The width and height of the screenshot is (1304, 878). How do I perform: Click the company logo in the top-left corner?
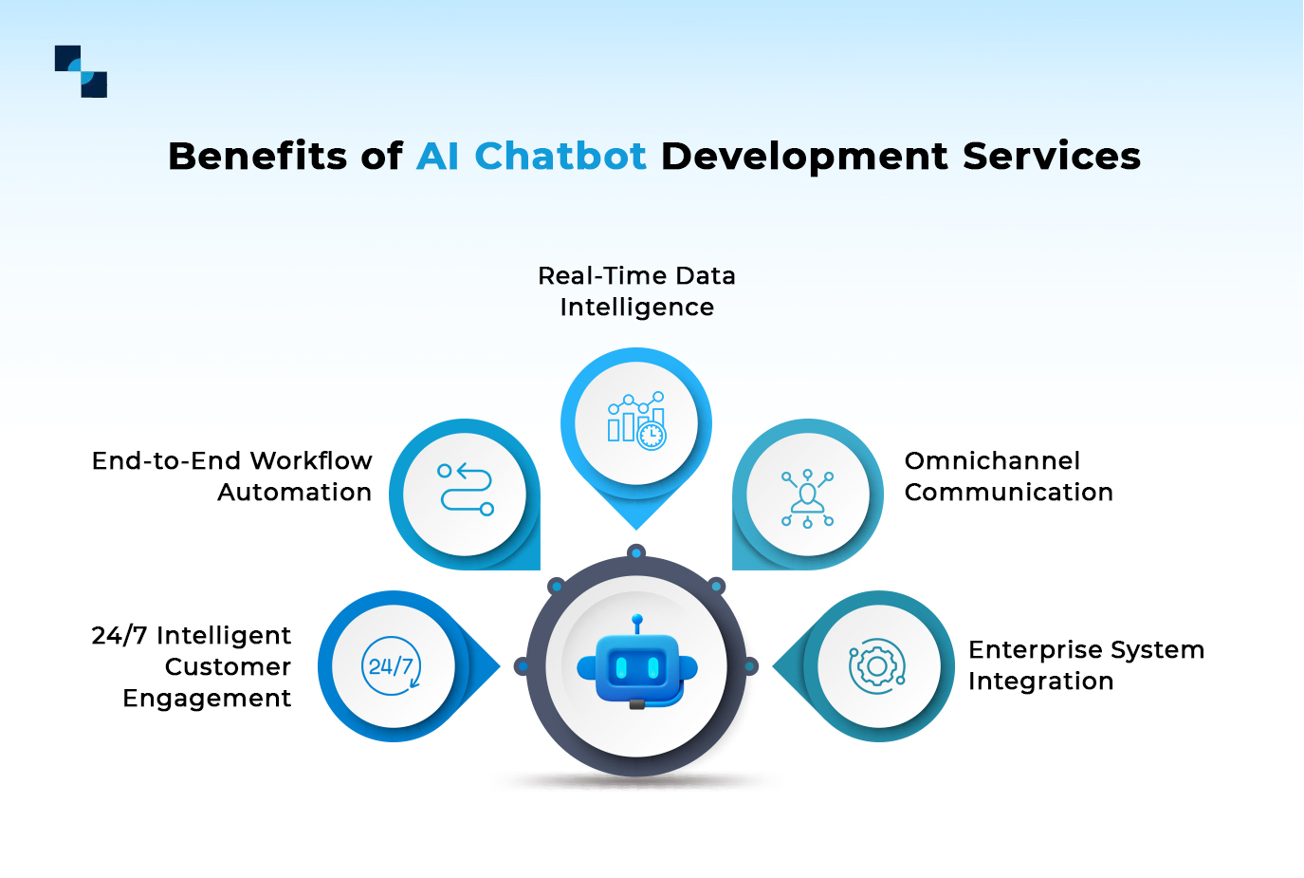click(x=81, y=71)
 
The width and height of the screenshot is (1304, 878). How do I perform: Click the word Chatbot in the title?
click(x=560, y=156)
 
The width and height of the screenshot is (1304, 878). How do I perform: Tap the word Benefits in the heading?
click(x=257, y=156)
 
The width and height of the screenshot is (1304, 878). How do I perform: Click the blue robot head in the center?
click(x=637, y=667)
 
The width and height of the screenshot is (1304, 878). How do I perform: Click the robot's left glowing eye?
click(x=621, y=668)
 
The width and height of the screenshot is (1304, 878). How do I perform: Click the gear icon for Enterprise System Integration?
click(x=877, y=666)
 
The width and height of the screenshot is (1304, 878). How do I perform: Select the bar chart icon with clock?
click(x=636, y=421)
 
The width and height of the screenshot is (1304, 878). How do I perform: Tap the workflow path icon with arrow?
click(x=465, y=490)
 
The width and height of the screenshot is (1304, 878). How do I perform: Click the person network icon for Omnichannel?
click(x=807, y=496)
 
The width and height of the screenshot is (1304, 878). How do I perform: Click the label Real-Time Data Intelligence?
click(x=636, y=291)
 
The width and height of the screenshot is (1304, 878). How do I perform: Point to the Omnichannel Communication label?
click(x=1008, y=476)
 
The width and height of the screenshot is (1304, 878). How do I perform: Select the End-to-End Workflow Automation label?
click(x=232, y=476)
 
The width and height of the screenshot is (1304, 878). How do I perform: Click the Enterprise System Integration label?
click(x=1086, y=665)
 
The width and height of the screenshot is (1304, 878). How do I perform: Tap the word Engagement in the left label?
click(x=207, y=699)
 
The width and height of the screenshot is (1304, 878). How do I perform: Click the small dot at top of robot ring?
click(x=637, y=552)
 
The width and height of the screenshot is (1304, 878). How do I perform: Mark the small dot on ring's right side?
click(x=750, y=666)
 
